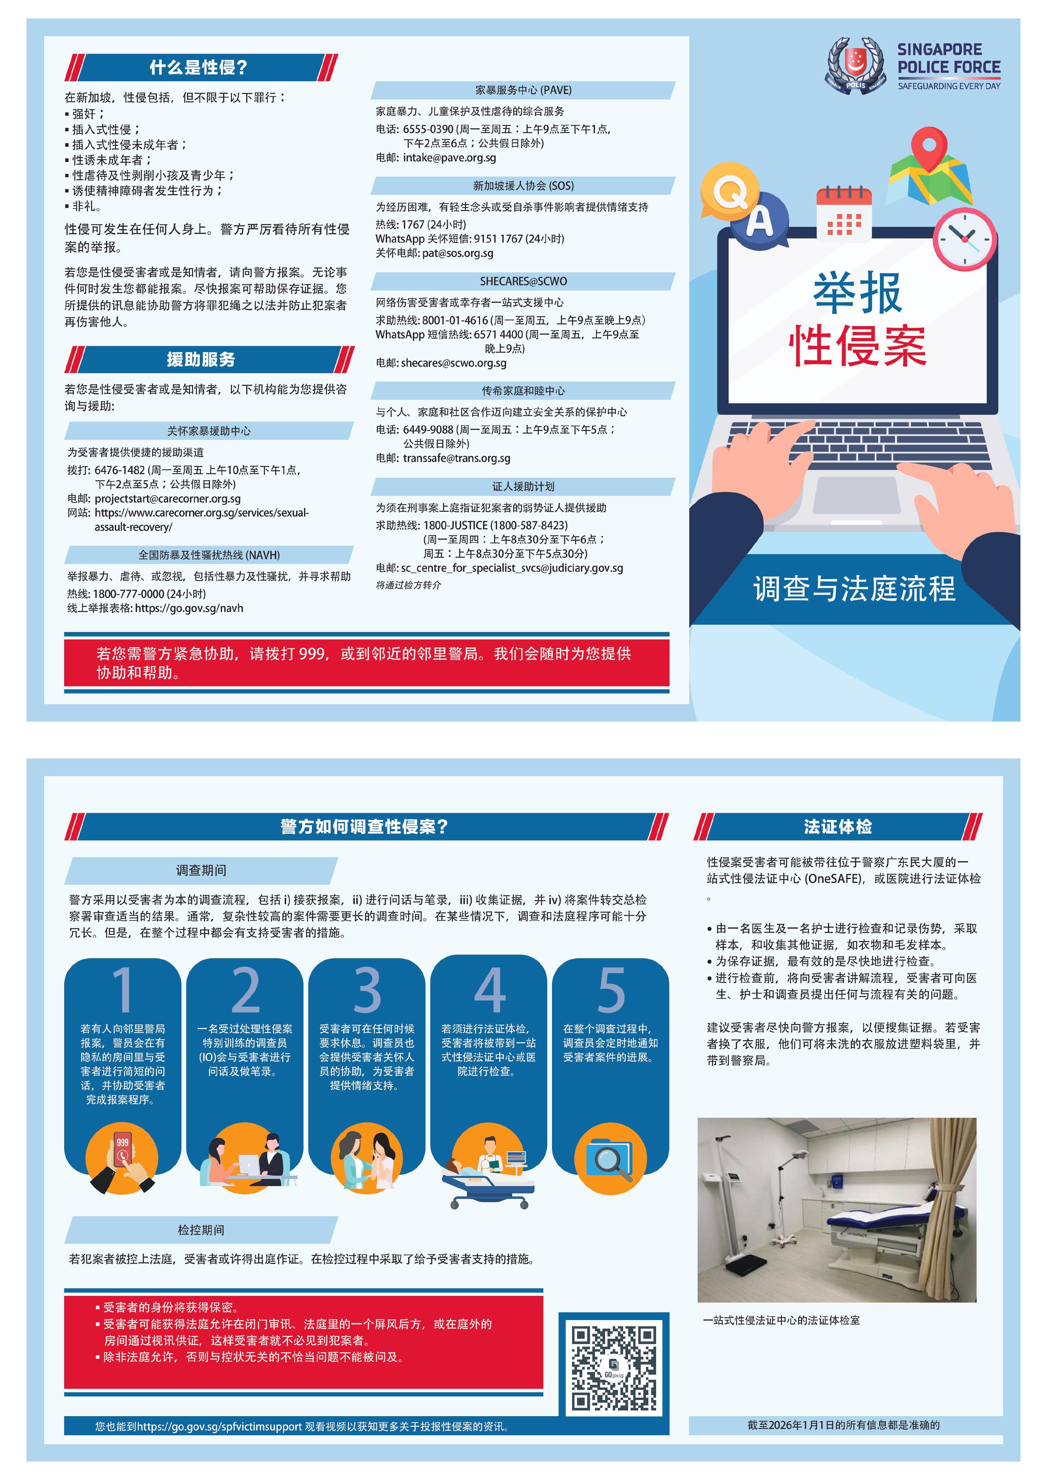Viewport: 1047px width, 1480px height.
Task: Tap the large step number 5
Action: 610,989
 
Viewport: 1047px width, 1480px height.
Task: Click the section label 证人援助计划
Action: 523,487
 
